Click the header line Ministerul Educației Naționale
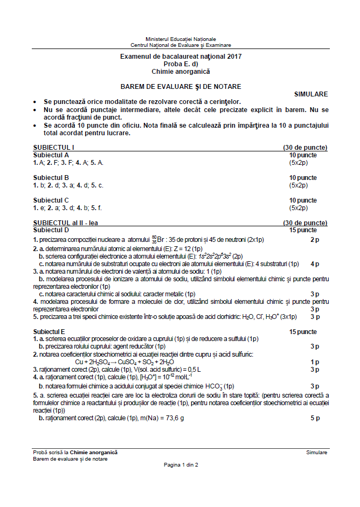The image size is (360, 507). click(x=181, y=39)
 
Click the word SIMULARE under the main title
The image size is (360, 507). click(x=310, y=94)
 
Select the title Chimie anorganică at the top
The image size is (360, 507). click(x=181, y=71)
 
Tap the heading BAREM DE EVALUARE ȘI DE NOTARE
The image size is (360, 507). click(x=181, y=86)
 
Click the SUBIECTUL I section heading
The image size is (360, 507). click(x=53, y=147)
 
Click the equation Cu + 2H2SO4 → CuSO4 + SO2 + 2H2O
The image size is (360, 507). click(x=129, y=362)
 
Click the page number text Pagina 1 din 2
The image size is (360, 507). click(x=181, y=464)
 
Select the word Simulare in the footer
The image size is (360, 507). click(x=316, y=453)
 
